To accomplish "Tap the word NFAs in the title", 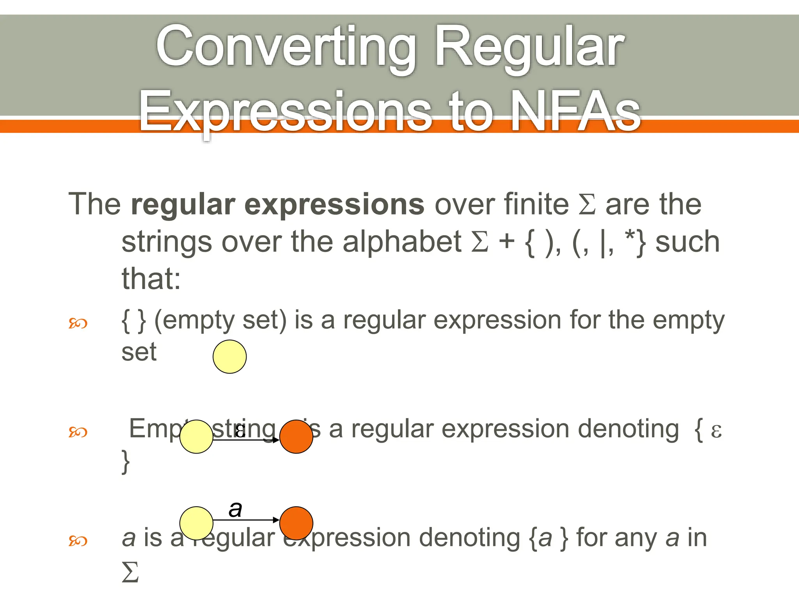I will pyautogui.click(x=575, y=111).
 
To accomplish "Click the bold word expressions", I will pyautogui.click(x=334, y=204).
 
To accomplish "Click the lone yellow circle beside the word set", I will pyautogui.click(x=229, y=357).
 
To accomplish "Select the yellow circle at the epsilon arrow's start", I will pyautogui.click(x=196, y=437).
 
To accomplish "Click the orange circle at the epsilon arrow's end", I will pyautogui.click(x=296, y=437).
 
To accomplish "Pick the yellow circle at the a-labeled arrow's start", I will pyautogui.click(x=196, y=523).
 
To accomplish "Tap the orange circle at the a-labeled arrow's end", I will pyautogui.click(x=296, y=523).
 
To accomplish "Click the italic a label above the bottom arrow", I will pyautogui.click(x=235, y=509).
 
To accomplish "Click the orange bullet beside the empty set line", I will pyautogui.click(x=78, y=323).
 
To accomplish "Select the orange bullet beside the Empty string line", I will pyautogui.click(x=78, y=432).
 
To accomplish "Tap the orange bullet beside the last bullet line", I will pyautogui.click(x=78, y=541).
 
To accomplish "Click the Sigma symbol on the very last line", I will pyautogui.click(x=130, y=572).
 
